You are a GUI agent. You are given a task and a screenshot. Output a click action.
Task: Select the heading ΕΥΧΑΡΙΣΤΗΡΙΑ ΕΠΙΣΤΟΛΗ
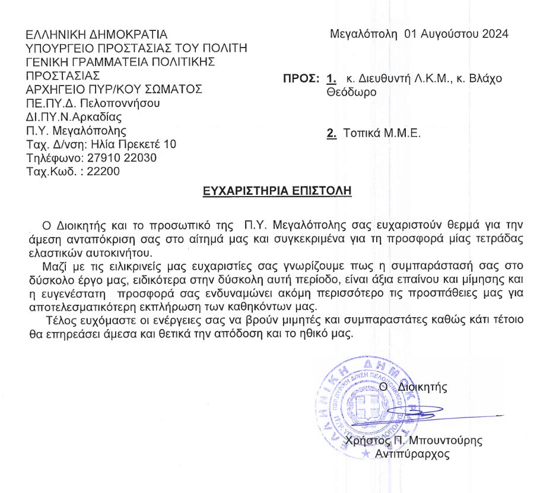pos(277,191)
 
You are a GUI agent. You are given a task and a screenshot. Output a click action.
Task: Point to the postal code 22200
pos(103,172)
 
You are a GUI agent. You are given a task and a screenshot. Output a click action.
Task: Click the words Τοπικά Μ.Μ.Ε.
pos(382,134)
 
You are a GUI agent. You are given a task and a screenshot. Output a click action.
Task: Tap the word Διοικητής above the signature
pos(422,387)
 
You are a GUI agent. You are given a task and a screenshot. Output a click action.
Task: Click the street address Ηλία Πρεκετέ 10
pos(132,144)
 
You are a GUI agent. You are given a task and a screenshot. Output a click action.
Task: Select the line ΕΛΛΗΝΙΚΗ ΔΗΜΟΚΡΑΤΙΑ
pos(97,34)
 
